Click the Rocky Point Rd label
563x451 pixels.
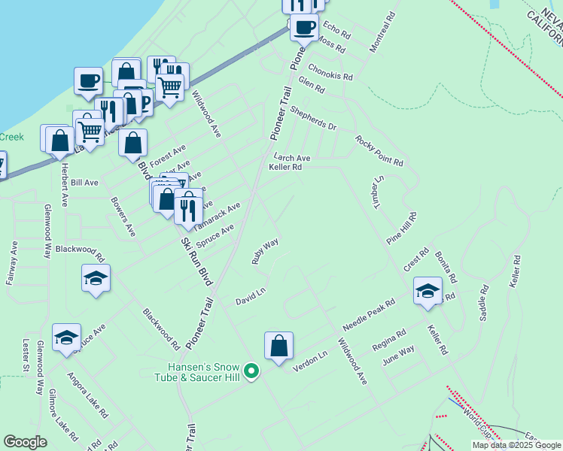[379, 150]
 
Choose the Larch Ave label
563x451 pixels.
[292, 158]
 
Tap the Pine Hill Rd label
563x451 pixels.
[402, 228]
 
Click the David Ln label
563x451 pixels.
[251, 296]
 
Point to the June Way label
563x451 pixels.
[398, 356]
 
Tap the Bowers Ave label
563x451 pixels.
[123, 216]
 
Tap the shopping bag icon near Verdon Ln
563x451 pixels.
[278, 347]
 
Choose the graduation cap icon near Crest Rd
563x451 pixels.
[428, 291]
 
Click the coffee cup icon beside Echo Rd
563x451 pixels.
[304, 29]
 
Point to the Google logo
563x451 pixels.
[26, 442]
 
